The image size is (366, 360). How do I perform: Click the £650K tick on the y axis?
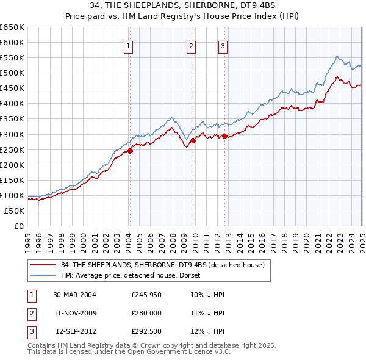pos(12,27)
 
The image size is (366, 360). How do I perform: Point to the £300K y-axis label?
pos(12,134)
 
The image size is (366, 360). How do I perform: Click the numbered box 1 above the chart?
pos(129,45)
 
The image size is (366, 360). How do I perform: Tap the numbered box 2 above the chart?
pos(192,45)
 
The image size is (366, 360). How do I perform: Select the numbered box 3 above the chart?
pos(223,45)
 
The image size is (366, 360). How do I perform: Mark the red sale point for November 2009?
pos(193,140)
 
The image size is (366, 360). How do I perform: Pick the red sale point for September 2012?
pos(224,136)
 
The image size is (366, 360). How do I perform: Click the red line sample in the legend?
pos(43,265)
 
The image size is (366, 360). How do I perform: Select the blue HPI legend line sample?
pos(43,275)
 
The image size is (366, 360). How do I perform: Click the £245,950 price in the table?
pos(147,295)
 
